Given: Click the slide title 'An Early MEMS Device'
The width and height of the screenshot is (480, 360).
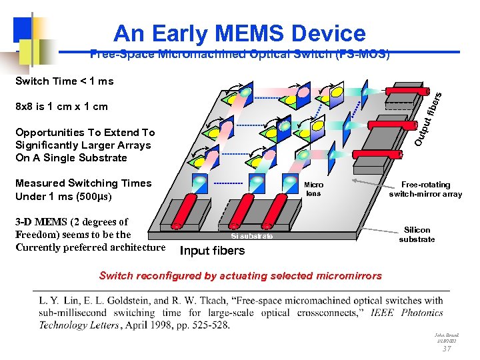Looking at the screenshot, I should pyautogui.click(x=239, y=33).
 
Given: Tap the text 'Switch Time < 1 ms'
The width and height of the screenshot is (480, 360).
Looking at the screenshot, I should pyautogui.click(x=64, y=81).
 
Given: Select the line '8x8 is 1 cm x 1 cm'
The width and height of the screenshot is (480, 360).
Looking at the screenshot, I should pyautogui.click(x=61, y=106).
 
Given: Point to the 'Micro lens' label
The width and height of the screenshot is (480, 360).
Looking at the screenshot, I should pyautogui.click(x=313, y=189).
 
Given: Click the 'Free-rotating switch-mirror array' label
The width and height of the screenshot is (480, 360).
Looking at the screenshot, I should pyautogui.click(x=425, y=189).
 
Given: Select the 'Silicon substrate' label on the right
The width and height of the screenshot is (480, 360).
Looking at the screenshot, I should pyautogui.click(x=417, y=234).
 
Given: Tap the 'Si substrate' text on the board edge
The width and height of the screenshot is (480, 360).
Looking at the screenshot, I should pyautogui.click(x=252, y=236).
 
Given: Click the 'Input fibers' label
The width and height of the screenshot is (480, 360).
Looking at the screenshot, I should pyautogui.click(x=212, y=251).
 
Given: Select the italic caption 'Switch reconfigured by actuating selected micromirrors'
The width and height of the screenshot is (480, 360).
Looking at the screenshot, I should pyautogui.click(x=240, y=276).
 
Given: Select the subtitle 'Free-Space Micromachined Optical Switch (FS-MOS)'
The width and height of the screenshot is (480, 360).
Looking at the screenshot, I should pyautogui.click(x=239, y=54).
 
